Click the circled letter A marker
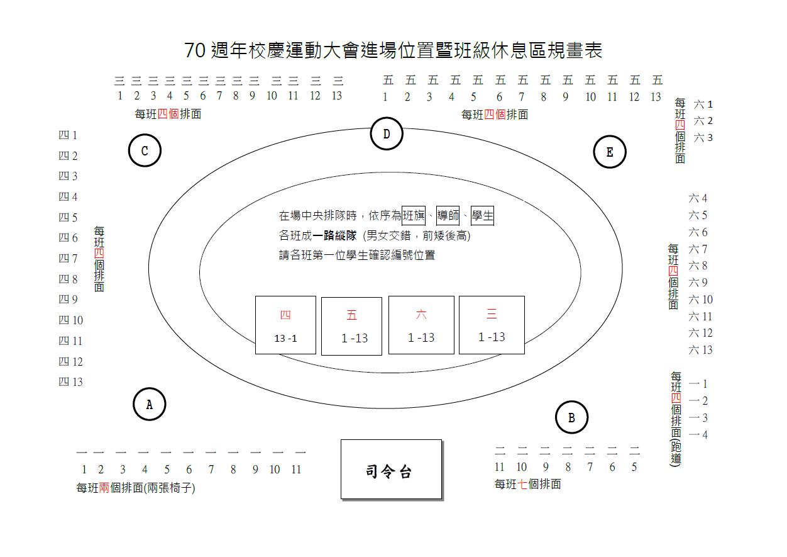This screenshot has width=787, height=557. point(150,404)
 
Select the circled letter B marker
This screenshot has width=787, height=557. point(571,417)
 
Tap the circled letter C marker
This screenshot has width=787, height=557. point(145,151)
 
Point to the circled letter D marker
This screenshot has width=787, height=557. point(387,134)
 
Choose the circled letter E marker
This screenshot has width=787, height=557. point(610,152)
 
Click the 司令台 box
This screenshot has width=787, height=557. point(391,470)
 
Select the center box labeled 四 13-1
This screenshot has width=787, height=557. point(285,325)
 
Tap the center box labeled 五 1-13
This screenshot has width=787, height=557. point(351,326)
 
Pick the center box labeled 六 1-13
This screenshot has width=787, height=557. point(421,325)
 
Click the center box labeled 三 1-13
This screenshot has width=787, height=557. point(492,325)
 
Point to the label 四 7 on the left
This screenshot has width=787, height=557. point(68,259)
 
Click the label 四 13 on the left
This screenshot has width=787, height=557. point(70,382)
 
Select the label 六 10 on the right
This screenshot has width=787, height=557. point(701,300)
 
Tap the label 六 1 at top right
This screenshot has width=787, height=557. point(703,104)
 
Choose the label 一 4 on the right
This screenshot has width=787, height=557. point(698,435)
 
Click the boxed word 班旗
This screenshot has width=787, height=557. point(413,216)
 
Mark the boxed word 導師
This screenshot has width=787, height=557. point(448,216)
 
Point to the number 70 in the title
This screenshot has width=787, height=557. point(195,51)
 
